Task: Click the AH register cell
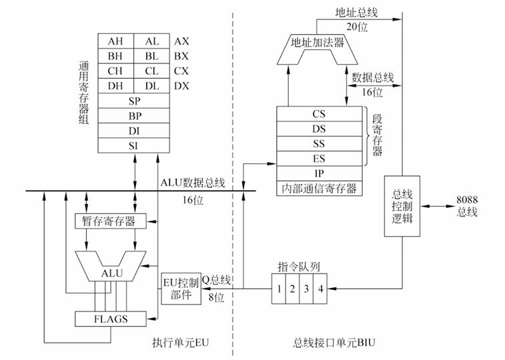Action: click(115, 41)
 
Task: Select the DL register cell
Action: click(152, 85)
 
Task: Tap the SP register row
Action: click(134, 101)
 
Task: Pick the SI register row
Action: click(134, 145)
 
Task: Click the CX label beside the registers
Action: click(181, 71)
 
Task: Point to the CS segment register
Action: click(319, 114)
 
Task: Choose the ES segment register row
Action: click(319, 158)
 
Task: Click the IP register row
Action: click(319, 173)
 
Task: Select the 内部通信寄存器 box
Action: click(319, 188)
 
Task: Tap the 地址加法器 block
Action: click(318, 43)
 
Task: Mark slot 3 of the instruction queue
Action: click(306, 289)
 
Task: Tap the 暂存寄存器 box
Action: click(109, 220)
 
